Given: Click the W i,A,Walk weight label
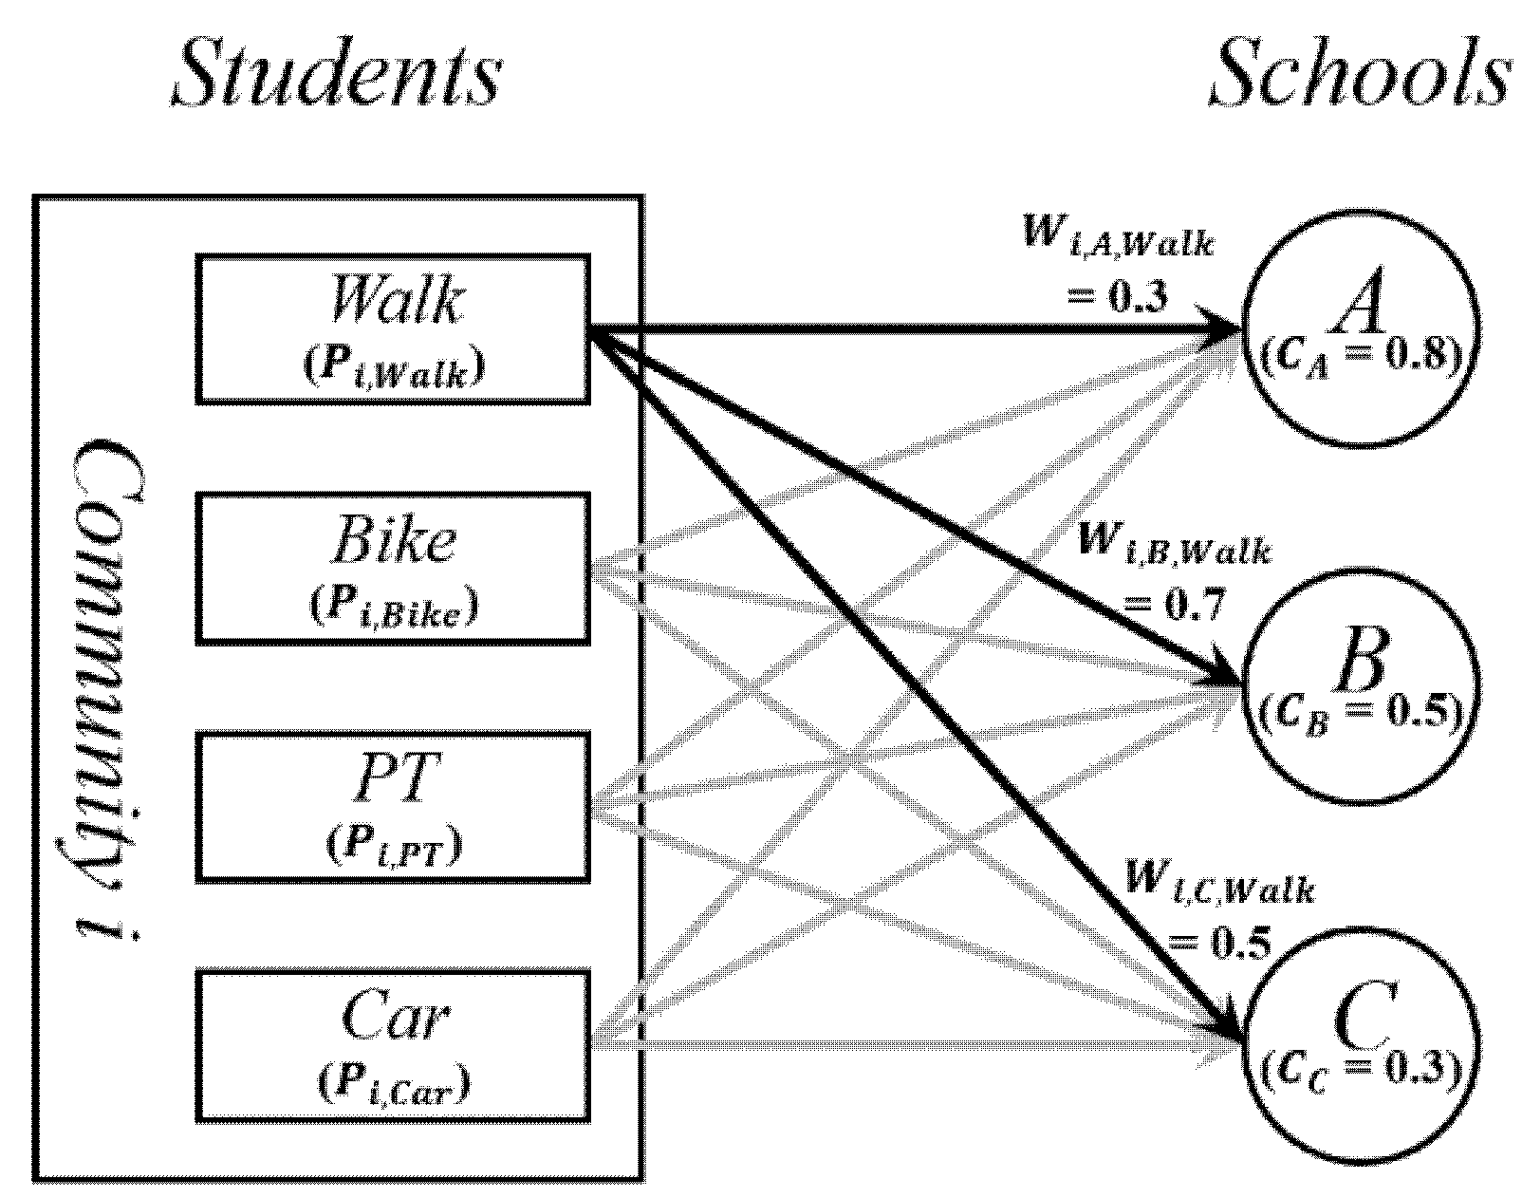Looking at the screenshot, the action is click(x=1118, y=237).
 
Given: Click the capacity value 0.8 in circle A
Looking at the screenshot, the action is click(x=1417, y=355).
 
